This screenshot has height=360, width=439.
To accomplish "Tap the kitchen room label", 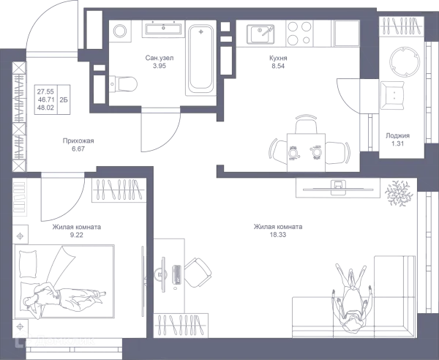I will click(x=277, y=60).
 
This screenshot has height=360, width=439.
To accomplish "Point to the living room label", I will click(x=277, y=231).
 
